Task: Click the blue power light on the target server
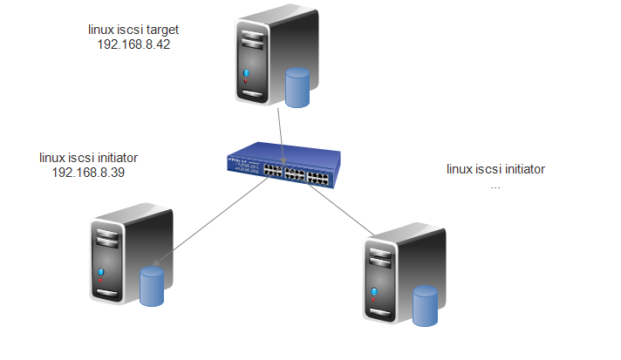(248, 73)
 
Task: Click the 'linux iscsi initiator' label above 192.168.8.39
(90, 158)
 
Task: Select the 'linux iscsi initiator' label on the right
(495, 169)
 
